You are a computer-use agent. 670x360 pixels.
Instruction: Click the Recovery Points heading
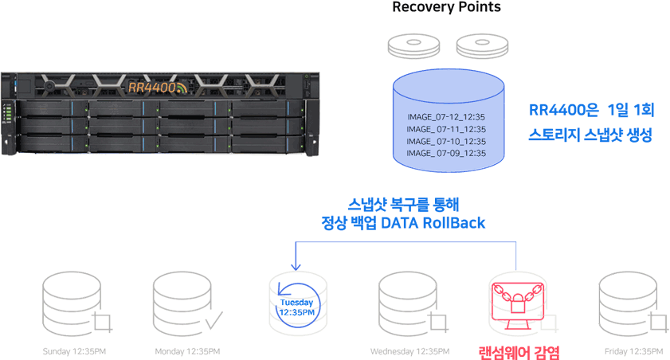click(x=446, y=7)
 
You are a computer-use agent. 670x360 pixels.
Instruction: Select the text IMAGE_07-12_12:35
click(x=446, y=116)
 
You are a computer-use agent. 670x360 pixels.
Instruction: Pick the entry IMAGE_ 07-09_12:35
click(x=446, y=153)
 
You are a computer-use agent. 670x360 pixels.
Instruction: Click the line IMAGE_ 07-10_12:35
click(x=446, y=141)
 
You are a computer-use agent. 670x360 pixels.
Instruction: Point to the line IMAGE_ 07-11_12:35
click(x=446, y=129)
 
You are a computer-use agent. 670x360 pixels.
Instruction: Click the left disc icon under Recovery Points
click(x=413, y=45)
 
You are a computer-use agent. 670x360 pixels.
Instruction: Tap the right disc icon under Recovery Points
click(x=483, y=45)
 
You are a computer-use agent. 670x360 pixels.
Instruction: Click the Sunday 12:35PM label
click(x=74, y=351)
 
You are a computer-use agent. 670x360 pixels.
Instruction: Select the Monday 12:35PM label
click(x=187, y=351)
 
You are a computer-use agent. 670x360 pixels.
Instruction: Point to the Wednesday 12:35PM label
click(x=409, y=351)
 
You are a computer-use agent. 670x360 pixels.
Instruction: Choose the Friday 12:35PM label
click(x=633, y=351)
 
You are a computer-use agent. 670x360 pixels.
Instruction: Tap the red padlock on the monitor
click(x=518, y=303)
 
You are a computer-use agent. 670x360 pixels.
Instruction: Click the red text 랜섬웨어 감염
click(x=519, y=353)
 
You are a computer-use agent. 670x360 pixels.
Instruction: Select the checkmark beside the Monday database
click(x=214, y=320)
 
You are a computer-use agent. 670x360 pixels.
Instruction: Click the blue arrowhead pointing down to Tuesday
click(x=296, y=267)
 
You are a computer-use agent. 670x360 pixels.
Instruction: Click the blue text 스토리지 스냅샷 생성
click(x=590, y=135)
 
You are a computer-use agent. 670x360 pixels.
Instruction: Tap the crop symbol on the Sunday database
click(x=103, y=323)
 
